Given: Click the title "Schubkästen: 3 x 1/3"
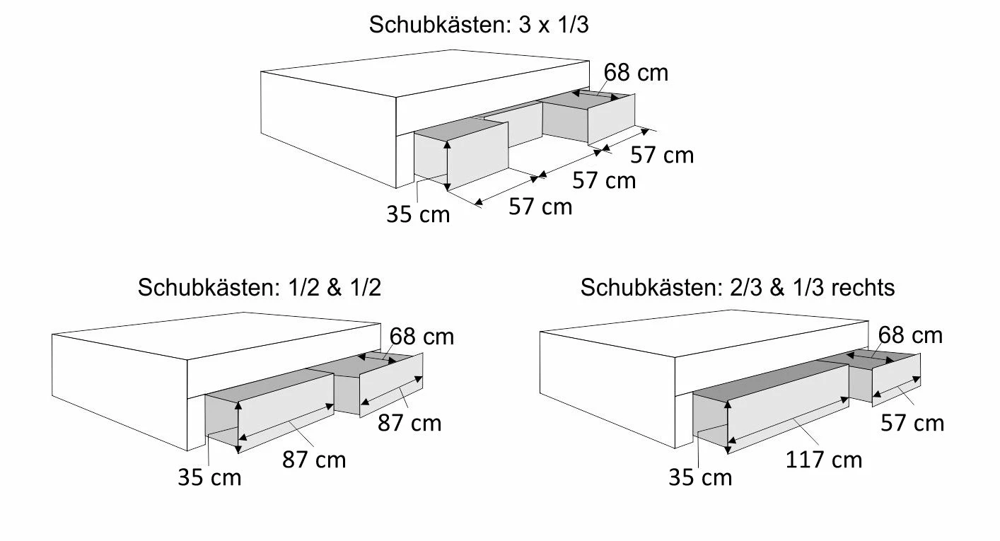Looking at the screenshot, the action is click(x=479, y=25).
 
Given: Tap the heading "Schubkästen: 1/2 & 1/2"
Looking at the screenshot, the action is click(x=260, y=287).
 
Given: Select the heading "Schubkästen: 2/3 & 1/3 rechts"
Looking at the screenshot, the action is click(x=738, y=287).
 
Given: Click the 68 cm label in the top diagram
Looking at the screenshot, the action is click(x=636, y=73).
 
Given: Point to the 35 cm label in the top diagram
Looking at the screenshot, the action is click(x=418, y=214).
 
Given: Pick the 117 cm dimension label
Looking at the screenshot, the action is click(x=824, y=460).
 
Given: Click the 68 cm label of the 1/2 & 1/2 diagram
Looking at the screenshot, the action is click(x=421, y=337).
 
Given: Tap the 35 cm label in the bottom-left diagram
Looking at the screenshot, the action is click(x=209, y=477).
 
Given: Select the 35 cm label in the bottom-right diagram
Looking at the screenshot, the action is click(x=700, y=477).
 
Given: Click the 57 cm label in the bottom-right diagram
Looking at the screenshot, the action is click(x=912, y=423).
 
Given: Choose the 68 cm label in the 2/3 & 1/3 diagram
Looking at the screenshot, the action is click(x=910, y=335).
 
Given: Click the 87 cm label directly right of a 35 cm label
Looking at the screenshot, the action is click(x=314, y=460).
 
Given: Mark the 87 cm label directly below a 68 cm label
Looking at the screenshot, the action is click(x=409, y=423).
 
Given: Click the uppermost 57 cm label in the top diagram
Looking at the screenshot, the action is click(x=662, y=156).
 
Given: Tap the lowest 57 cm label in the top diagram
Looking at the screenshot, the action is click(x=540, y=206).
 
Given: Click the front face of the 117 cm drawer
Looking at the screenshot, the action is click(x=788, y=409).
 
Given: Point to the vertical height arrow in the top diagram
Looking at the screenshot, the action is click(x=448, y=165).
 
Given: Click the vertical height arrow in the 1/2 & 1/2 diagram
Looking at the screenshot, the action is click(x=238, y=427).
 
